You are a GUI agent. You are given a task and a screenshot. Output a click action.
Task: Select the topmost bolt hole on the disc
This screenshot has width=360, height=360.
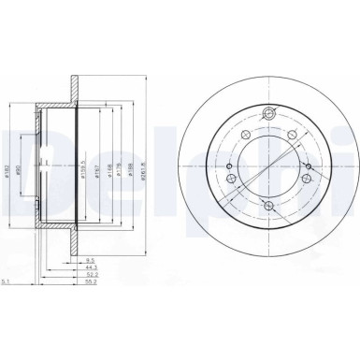tap(267, 117)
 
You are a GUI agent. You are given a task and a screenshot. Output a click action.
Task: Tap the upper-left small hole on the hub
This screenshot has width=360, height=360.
tap(244, 136)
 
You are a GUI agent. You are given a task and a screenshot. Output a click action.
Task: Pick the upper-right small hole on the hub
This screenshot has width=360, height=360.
tap(293, 137)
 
